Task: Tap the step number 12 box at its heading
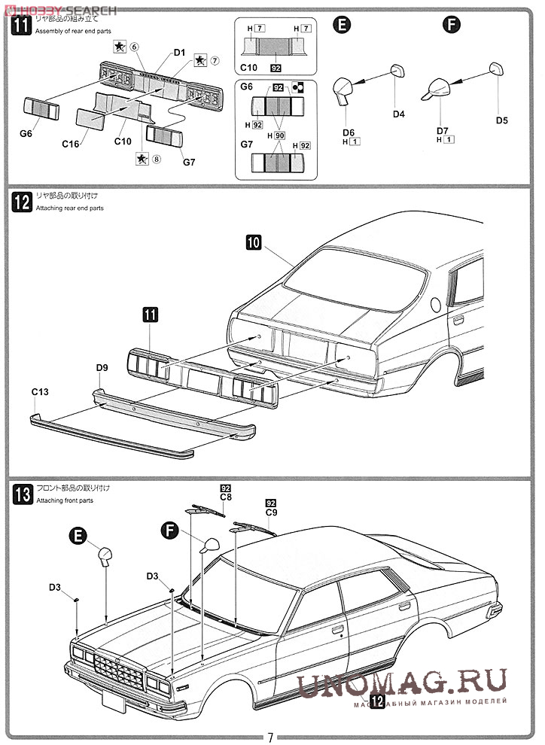pos(23,202)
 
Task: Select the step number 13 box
pos(23,494)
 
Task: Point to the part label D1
pos(178,53)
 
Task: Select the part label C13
pos(40,392)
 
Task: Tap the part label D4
pos(399,114)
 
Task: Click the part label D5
pos(502,120)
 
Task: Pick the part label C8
pos(226,497)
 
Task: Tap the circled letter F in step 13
pos(172,531)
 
